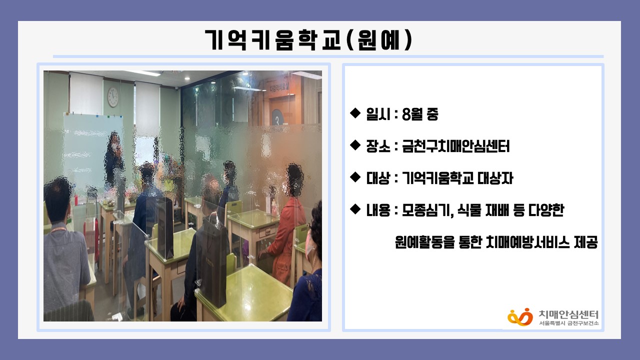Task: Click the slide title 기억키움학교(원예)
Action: click(308, 40)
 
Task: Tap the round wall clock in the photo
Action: click(113, 97)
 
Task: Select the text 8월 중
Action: click(420, 114)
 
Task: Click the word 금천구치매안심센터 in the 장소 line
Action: click(455, 146)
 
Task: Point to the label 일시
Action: click(378, 114)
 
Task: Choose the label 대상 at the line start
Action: click(378, 178)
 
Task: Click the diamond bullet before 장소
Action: click(355, 145)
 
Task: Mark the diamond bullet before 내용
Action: click(355, 209)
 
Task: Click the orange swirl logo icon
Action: click(520, 317)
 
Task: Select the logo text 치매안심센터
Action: click(568, 314)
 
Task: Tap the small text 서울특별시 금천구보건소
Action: click(568, 323)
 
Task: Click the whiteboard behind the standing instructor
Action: click(92, 148)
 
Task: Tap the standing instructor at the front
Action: click(114, 160)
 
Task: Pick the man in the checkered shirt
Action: click(65, 251)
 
